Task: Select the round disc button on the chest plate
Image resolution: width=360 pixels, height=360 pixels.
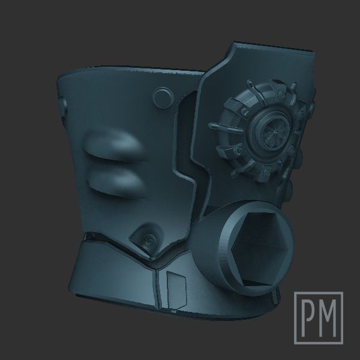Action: (x=163, y=97)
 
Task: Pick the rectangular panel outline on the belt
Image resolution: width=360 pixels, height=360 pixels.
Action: (x=176, y=290)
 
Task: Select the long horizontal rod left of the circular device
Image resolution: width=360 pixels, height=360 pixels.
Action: (x=226, y=128)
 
